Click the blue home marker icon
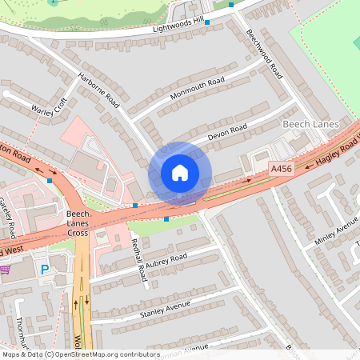point(180,172)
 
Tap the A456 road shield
point(282,169)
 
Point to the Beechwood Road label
point(265,54)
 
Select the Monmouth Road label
point(198,89)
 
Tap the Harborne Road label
point(98,90)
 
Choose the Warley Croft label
point(49,107)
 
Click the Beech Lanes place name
point(311,125)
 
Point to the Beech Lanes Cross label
point(78,225)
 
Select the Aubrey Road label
point(167,258)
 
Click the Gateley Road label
point(9,218)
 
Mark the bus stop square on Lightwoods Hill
point(207,22)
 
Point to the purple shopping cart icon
point(4,270)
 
